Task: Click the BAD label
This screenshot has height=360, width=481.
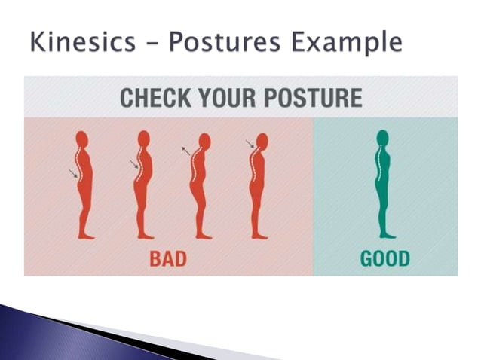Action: pyautogui.click(x=168, y=259)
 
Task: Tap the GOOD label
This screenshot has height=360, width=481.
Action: pyautogui.click(x=385, y=259)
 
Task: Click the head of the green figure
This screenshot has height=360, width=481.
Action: pyautogui.click(x=383, y=138)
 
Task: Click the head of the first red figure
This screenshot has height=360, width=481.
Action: pyautogui.click(x=81, y=140)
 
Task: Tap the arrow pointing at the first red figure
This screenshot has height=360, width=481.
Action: pyautogui.click(x=72, y=174)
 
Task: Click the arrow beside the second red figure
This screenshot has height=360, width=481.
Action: pyautogui.click(x=133, y=163)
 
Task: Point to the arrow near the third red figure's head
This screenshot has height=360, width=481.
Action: pyautogui.click(x=185, y=151)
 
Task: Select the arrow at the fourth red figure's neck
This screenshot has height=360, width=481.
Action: pyautogui.click(x=250, y=144)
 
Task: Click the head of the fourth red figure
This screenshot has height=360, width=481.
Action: pyautogui.click(x=262, y=141)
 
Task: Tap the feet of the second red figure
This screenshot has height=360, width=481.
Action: pyautogui.click(x=145, y=236)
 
